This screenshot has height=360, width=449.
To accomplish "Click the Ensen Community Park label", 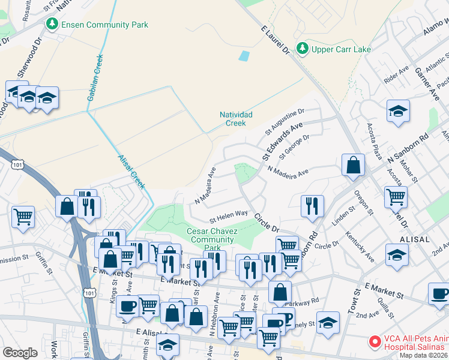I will pos(103,25).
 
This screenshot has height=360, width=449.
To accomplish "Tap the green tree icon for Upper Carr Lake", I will pos(303,48).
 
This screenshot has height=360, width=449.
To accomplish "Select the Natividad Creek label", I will pos(236,118).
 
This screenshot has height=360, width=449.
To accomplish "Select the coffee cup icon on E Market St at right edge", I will pos(440,293).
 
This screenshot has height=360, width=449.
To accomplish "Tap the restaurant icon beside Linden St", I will pos(312,205).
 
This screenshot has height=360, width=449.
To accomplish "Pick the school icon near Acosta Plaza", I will pos(397,112).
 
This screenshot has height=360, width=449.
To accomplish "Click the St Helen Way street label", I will pos(228,214).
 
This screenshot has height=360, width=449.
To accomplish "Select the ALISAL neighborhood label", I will pos(413,239).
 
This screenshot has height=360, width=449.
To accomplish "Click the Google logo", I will pos(20,353).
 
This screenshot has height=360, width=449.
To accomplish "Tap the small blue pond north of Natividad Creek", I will pos(244,56).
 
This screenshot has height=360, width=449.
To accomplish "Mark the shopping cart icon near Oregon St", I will pos(396,196).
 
